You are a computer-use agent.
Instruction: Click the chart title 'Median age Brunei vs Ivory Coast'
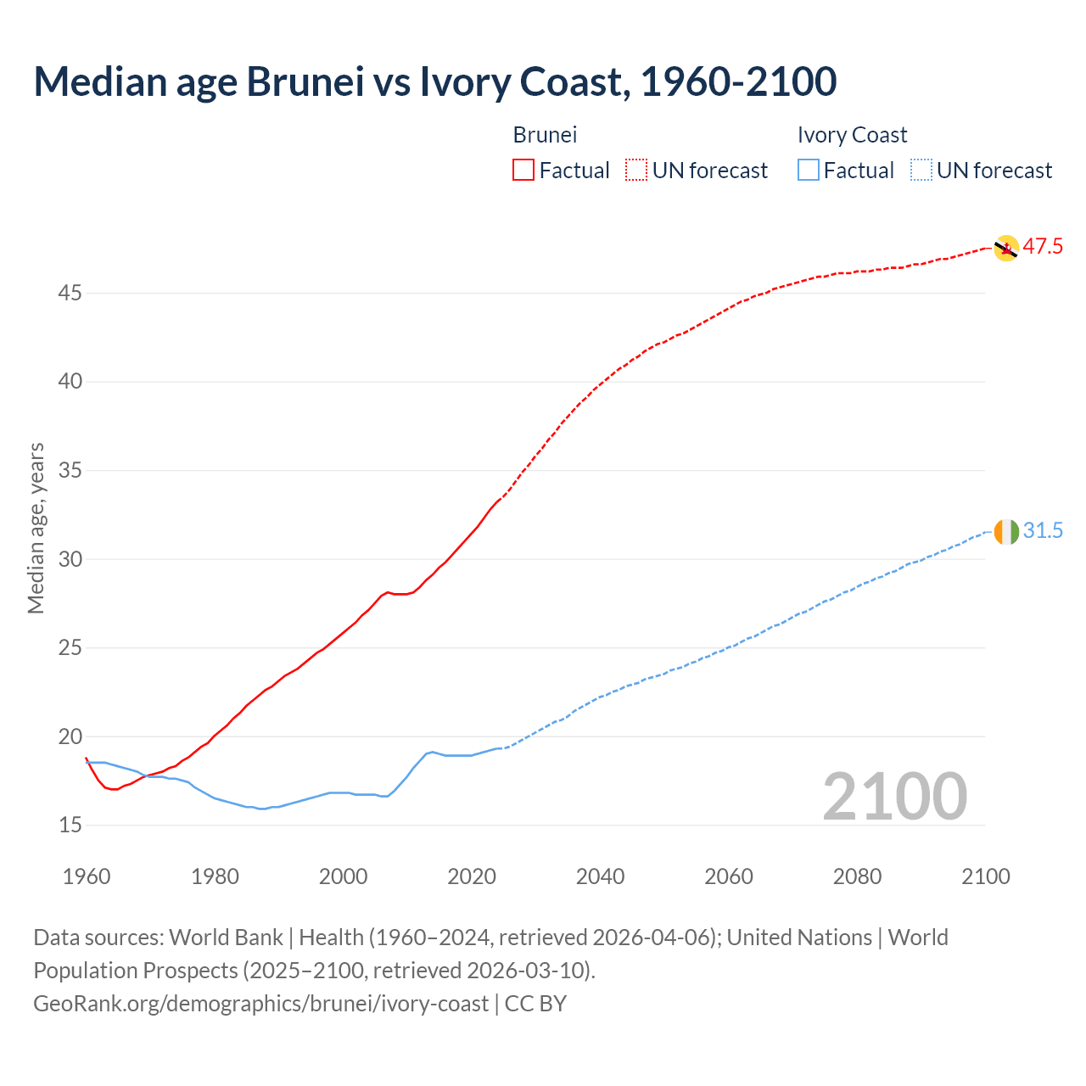click(x=434, y=81)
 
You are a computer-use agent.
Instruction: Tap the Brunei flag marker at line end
click(x=1005, y=248)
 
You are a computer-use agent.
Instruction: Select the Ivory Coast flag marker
click(x=1005, y=532)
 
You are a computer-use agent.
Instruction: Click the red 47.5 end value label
click(x=1043, y=247)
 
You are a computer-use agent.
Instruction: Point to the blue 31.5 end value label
click(x=1043, y=531)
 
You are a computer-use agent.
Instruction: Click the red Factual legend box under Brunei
click(x=523, y=171)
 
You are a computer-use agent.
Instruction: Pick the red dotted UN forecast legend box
click(x=636, y=171)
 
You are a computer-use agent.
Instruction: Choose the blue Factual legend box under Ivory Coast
click(x=809, y=171)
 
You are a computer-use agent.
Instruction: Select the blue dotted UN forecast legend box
click(x=921, y=171)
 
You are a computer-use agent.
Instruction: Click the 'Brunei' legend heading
click(x=545, y=135)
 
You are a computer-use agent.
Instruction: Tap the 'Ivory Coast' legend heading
click(x=852, y=135)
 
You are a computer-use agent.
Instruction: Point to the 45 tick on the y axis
click(x=70, y=294)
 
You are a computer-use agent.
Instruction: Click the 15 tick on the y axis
click(x=70, y=826)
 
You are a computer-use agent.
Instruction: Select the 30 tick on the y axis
click(x=70, y=559)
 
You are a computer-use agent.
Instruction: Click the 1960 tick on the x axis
click(x=87, y=876)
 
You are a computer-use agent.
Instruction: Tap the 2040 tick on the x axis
click(x=600, y=876)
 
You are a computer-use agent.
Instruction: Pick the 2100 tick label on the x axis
click(x=985, y=876)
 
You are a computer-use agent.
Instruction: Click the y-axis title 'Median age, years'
click(x=36, y=528)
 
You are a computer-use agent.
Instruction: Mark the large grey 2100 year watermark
click(x=894, y=797)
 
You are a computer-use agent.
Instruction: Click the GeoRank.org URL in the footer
click(x=260, y=1004)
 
